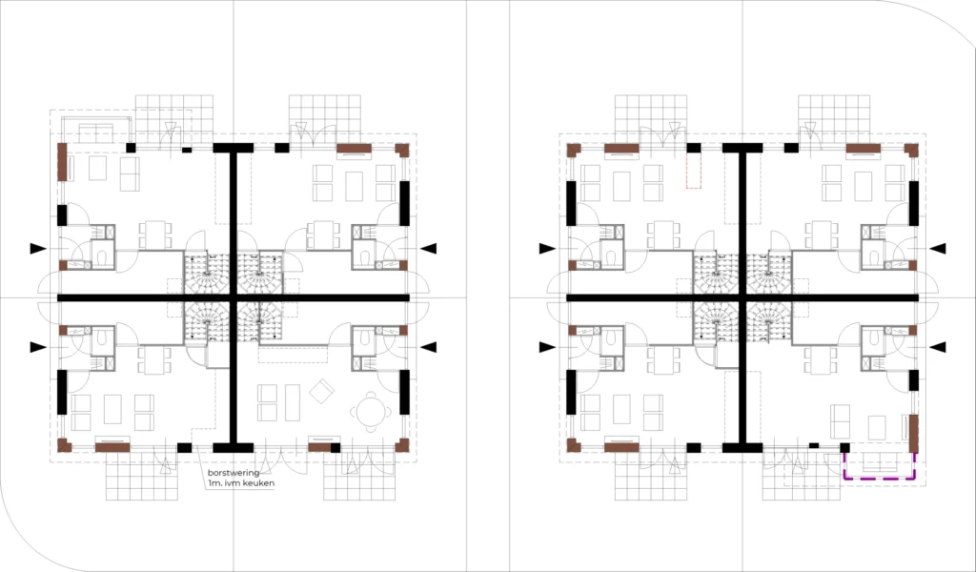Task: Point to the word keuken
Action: pyautogui.click(x=259, y=483)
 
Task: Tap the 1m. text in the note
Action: pyautogui.click(x=215, y=483)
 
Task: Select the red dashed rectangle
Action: pyautogui.click(x=694, y=171)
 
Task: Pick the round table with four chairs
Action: pyautogui.click(x=371, y=412)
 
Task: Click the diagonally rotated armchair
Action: pyautogui.click(x=322, y=392)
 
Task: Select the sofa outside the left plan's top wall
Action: pyautogui.click(x=95, y=132)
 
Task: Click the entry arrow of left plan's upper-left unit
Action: pyautogui.click(x=38, y=249)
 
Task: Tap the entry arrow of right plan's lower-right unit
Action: pyautogui.click(x=938, y=347)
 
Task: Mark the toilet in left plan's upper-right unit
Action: pyautogui.click(x=362, y=256)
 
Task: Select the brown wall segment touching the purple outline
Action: pyautogui.click(x=914, y=434)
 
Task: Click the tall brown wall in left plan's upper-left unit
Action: pyautogui.click(x=62, y=162)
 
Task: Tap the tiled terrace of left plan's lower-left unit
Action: pyautogui.click(x=142, y=476)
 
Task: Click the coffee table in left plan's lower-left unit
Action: pyautogui.click(x=112, y=409)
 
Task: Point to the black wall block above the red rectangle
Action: pyautogui.click(x=694, y=148)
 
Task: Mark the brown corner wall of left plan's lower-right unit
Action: pyautogui.click(x=402, y=445)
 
